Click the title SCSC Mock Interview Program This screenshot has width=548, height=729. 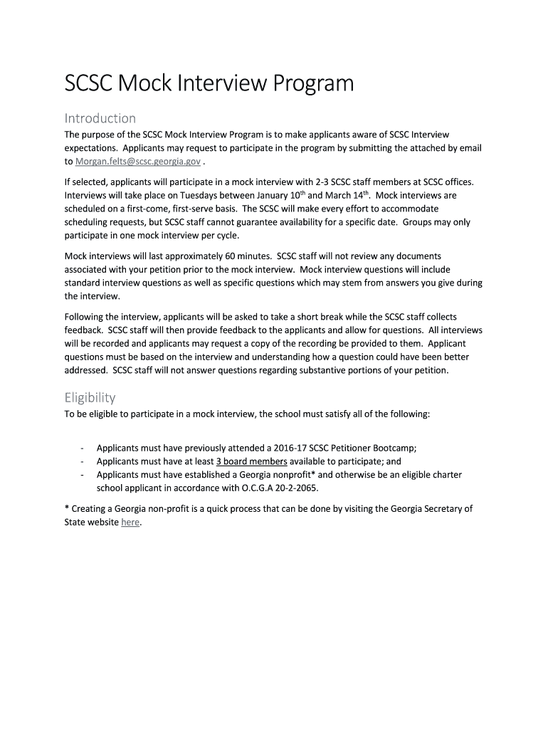pyautogui.click(x=209, y=84)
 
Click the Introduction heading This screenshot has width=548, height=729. pyautogui.click(x=100, y=117)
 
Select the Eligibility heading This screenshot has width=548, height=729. pyautogui.click(x=90, y=397)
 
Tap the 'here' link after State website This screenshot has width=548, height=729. pyautogui.click(x=130, y=523)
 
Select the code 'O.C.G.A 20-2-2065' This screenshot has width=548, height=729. pyautogui.click(x=277, y=488)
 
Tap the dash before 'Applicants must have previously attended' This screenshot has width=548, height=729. pyautogui.click(x=83, y=448)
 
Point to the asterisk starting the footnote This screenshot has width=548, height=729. pyautogui.click(x=67, y=508)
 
